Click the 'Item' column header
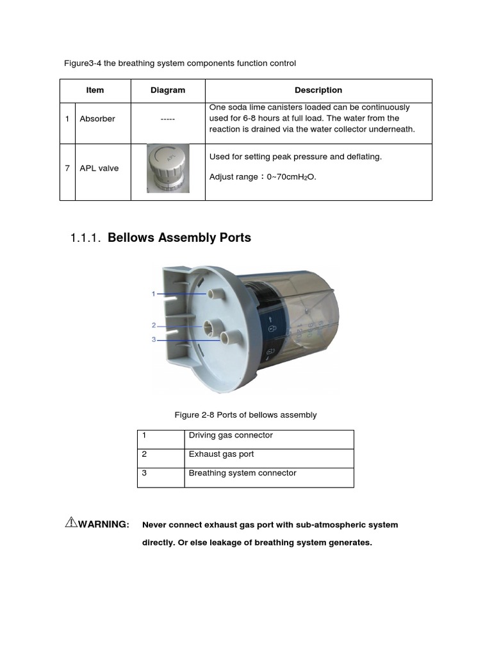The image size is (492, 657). click(95, 90)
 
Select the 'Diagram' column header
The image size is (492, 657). click(168, 90)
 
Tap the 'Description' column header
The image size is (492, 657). click(318, 90)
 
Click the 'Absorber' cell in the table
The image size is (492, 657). click(97, 119)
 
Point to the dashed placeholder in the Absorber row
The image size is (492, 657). click(168, 119)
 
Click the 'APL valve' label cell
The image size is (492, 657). click(99, 168)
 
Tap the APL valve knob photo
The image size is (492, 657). click(168, 169)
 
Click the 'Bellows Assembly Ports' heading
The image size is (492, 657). click(179, 238)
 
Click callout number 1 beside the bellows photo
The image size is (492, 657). click(154, 294)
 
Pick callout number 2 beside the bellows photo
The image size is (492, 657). click(154, 325)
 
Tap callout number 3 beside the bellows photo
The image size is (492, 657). click(154, 339)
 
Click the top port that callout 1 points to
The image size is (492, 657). click(212, 293)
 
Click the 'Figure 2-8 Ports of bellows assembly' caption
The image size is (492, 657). click(245, 415)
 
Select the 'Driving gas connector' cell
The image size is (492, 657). click(231, 436)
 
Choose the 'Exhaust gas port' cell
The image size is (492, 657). click(221, 454)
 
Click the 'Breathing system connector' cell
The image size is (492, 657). click(242, 474)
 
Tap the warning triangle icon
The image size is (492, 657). click(71, 522)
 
